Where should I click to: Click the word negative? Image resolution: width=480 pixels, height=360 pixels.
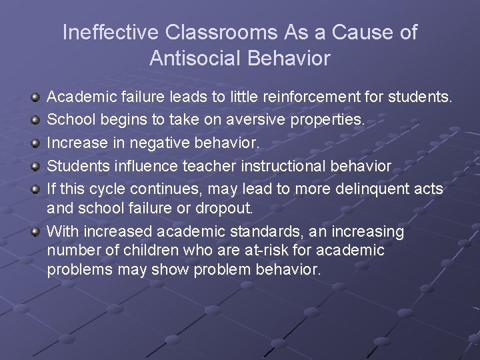(x=151, y=143)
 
